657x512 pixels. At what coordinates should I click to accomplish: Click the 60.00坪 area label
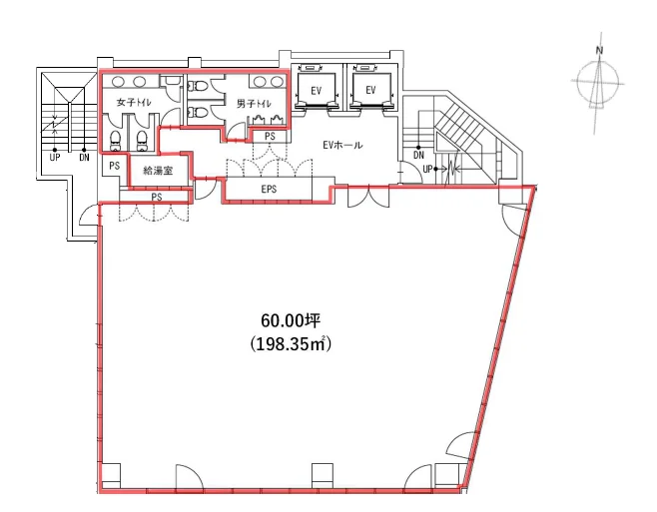[291, 321]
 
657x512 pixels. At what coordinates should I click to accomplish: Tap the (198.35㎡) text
[291, 344]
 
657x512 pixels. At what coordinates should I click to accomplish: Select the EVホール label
[342, 146]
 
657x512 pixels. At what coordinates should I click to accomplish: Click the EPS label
[269, 189]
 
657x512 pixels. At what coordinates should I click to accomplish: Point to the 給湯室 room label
[158, 171]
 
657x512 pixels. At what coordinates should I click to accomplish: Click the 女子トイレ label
[134, 103]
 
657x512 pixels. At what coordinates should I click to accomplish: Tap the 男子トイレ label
[254, 104]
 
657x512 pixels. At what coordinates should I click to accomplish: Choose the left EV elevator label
[317, 90]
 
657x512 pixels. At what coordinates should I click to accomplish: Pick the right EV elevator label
[370, 90]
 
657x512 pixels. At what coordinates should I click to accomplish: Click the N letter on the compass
[600, 50]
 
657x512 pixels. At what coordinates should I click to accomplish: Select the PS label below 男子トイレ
[270, 136]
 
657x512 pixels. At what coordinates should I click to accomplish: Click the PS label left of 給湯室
[114, 166]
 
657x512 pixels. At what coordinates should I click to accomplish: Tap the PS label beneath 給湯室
[157, 197]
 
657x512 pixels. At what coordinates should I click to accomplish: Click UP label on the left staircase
[55, 158]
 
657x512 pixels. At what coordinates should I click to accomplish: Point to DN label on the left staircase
[84, 158]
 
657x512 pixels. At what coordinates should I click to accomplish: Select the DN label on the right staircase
[418, 155]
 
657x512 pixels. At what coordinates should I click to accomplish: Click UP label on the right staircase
[427, 170]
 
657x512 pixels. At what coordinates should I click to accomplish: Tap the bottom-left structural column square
[111, 475]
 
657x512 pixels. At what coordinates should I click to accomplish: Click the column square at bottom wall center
[323, 475]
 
